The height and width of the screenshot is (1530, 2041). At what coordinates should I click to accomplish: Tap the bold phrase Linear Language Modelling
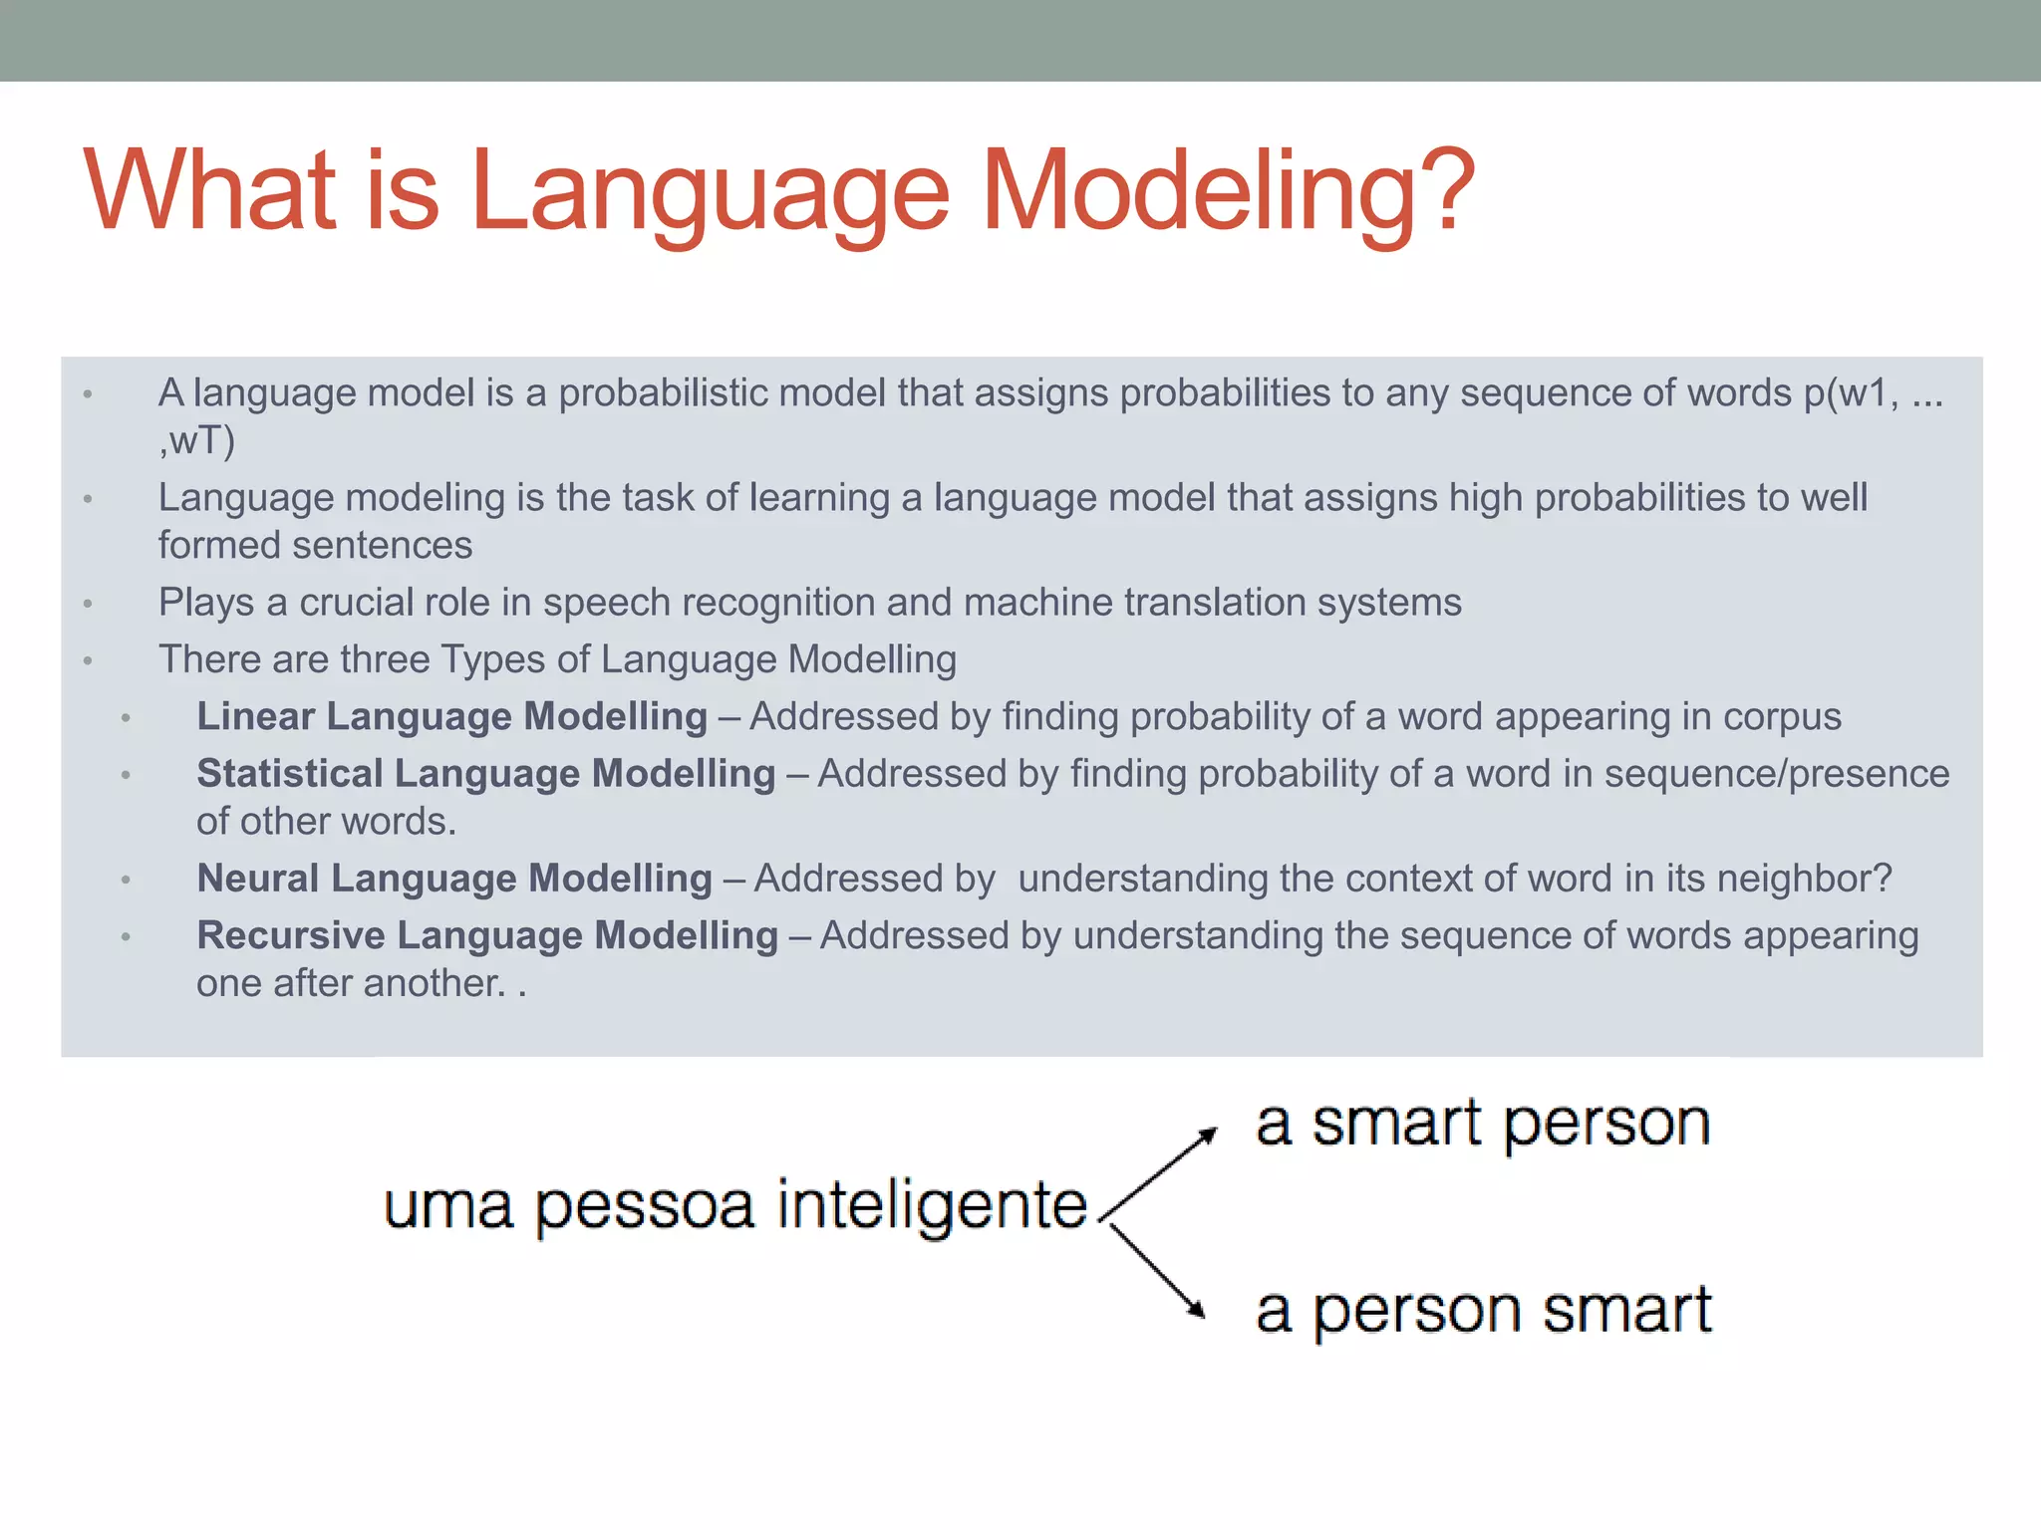(x=451, y=717)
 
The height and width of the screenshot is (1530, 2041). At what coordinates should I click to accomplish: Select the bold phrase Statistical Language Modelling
(x=485, y=774)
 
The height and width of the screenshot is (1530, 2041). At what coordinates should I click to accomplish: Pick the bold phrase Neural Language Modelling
(x=454, y=879)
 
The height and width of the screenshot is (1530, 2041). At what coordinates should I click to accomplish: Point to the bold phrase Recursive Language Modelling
(x=487, y=935)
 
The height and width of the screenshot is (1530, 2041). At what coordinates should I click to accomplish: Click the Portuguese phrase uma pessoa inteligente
(x=734, y=1206)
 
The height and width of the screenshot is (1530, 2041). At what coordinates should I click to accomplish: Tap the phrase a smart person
(x=1483, y=1125)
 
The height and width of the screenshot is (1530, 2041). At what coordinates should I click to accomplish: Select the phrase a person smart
(x=1483, y=1310)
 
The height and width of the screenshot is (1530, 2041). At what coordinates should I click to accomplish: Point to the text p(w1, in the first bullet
(x=1851, y=393)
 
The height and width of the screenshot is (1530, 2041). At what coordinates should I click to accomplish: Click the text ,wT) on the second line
(x=196, y=440)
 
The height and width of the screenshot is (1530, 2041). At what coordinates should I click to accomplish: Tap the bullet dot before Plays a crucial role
(x=88, y=604)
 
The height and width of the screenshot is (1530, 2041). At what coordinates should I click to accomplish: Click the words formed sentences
(x=315, y=546)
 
